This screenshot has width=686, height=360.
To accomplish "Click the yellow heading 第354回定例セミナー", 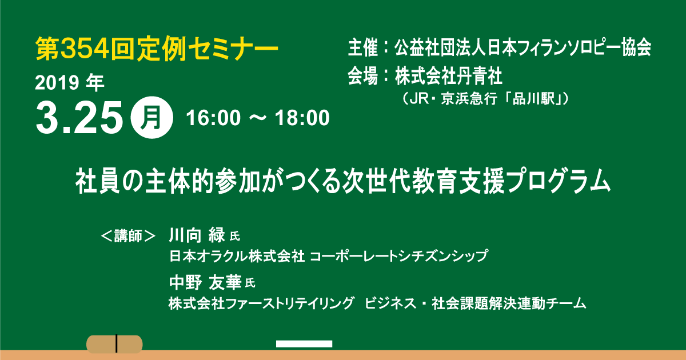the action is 157,49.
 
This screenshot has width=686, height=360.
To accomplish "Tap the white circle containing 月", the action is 151,118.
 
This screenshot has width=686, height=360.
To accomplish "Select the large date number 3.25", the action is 79,118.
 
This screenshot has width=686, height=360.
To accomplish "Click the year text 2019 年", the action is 70,83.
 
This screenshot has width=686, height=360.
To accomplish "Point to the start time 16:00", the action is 213,118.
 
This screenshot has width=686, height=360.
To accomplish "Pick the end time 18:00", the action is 302,118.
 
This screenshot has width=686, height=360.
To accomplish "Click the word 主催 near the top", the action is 363,48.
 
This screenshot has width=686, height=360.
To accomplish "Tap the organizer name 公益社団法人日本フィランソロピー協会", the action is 523,48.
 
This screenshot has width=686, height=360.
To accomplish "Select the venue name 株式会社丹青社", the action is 448,76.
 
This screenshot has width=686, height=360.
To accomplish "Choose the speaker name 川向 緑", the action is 197,235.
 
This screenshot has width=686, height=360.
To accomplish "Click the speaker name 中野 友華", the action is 205,282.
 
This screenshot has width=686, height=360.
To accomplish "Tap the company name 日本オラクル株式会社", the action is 237,256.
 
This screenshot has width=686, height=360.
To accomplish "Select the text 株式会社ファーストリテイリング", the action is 261,303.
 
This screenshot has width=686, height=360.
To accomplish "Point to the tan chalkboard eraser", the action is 114,344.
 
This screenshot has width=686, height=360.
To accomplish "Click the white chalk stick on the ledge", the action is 304,344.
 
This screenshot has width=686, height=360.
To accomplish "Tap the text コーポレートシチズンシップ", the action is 399,256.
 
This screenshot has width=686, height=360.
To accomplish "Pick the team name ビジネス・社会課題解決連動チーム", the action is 475,303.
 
